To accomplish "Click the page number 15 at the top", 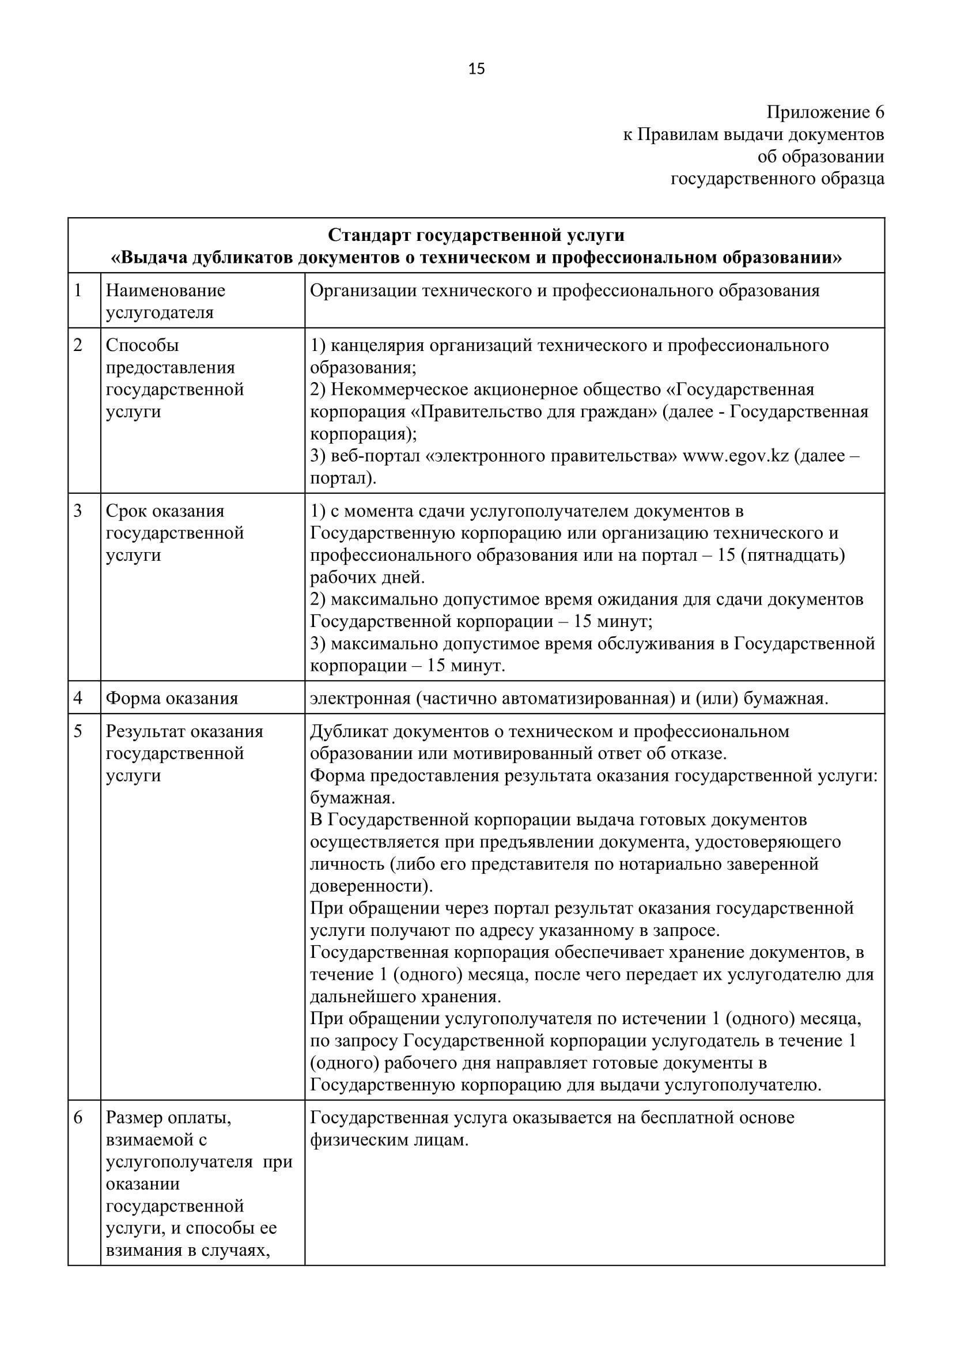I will (476, 70).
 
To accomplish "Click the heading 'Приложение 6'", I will (825, 112).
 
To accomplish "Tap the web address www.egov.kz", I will (736, 456).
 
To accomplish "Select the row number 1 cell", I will (78, 290).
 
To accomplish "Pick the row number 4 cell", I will (78, 698).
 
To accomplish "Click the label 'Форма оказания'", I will (172, 698).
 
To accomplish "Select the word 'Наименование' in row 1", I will (165, 290).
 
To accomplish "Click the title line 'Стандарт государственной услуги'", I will (476, 236).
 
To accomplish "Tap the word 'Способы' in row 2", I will (142, 345).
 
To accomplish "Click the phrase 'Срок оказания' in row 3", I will (165, 511).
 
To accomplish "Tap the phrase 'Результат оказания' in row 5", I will (185, 731).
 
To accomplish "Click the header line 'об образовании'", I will (820, 157).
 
